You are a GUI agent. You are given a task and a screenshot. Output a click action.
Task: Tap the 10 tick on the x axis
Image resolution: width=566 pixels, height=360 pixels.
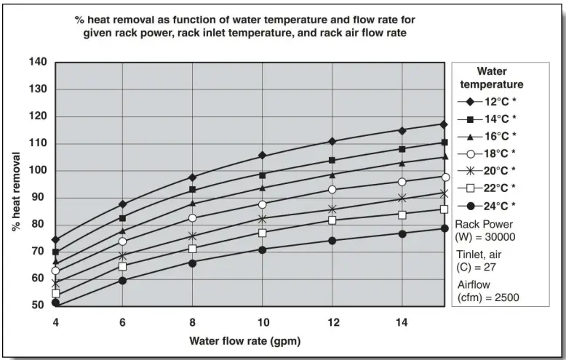click(263, 322)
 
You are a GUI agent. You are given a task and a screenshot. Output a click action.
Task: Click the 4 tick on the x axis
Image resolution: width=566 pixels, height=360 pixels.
click(55, 322)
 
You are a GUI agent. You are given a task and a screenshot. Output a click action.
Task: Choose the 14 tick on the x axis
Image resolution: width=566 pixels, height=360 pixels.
click(402, 322)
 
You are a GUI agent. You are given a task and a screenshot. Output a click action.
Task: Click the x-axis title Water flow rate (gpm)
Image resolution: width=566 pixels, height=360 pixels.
click(244, 340)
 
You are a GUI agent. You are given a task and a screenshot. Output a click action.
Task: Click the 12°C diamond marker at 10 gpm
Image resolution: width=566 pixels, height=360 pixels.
click(263, 156)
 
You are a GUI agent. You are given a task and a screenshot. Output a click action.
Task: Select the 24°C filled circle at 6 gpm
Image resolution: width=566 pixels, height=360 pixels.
click(122, 280)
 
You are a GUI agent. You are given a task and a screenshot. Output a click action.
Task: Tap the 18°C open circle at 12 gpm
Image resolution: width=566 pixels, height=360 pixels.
click(332, 190)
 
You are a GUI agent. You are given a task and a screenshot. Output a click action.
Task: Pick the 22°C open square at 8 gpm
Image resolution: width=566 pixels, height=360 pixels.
click(193, 249)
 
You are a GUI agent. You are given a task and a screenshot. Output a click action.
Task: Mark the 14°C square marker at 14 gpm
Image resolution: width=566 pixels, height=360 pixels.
click(402, 149)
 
